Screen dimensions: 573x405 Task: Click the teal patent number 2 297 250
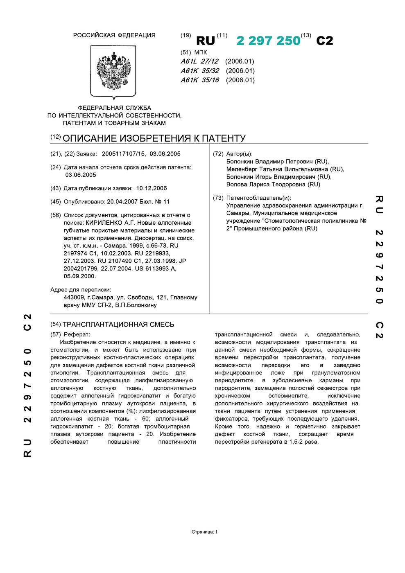268,41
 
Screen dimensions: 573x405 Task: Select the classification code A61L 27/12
199,61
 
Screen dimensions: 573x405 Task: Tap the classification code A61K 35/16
200,80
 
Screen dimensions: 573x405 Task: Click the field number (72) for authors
218,154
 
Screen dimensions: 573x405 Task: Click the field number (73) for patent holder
218,198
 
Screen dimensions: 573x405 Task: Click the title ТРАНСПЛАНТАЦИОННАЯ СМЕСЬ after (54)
118,325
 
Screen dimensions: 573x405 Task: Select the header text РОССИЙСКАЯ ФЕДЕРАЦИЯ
114,35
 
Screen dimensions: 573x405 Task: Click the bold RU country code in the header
206,41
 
